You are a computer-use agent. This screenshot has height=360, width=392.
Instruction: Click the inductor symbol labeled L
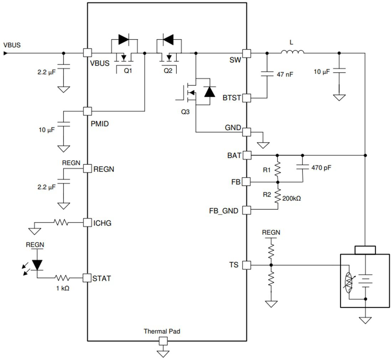[x=292, y=53]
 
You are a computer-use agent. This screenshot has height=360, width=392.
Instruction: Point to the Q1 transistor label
[x=128, y=71]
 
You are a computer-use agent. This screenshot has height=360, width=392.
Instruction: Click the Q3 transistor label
[x=185, y=112]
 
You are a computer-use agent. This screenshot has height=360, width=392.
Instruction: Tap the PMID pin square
[x=87, y=111]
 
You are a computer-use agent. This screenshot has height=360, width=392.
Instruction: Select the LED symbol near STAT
[x=37, y=264]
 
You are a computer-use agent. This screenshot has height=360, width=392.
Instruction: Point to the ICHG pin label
[x=102, y=223]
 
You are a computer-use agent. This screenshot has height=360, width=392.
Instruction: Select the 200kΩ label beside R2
[x=291, y=198]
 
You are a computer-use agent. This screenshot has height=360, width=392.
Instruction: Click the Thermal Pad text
[x=162, y=331]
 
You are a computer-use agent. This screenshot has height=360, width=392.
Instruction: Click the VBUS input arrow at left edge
[x=5, y=53]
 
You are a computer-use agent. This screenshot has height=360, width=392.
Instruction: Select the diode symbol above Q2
[x=168, y=39]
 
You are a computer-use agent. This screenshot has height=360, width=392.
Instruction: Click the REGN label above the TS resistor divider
[x=271, y=233]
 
